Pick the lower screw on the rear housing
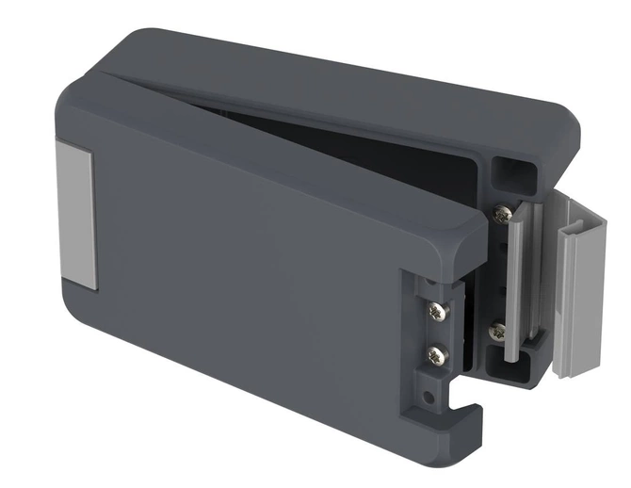[498, 331]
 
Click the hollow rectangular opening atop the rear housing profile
[510, 173]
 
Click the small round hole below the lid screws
[432, 387]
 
